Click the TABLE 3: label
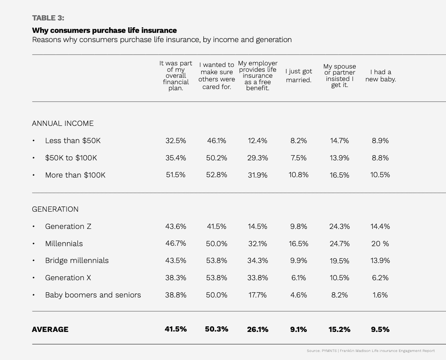tap(48, 18)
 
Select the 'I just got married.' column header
tap(299, 75)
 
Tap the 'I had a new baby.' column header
tap(380, 75)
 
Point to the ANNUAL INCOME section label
tap(63, 123)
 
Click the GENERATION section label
tap(55, 209)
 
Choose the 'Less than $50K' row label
tap(73, 141)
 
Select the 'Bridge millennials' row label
tap(77, 261)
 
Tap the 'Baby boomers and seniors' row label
tap(93, 295)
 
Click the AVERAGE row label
tap(50, 330)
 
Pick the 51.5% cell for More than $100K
tap(176, 175)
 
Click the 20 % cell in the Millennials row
tap(380, 244)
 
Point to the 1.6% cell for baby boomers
tap(380, 295)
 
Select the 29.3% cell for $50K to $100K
tap(257, 158)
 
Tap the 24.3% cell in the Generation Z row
tap(339, 227)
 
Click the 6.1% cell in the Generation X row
tap(298, 278)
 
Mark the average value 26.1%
tap(257, 330)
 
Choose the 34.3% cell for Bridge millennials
tap(257, 261)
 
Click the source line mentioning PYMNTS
tap(371, 351)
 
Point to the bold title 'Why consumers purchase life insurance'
tap(104, 30)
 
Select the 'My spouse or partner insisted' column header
tap(339, 75)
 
